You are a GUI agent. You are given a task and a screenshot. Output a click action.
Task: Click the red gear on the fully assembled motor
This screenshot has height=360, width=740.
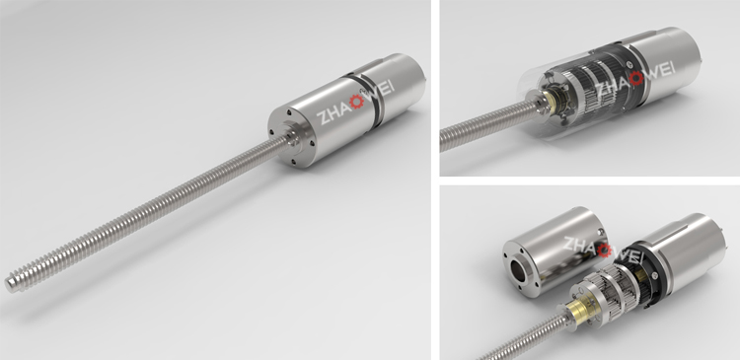[356, 101]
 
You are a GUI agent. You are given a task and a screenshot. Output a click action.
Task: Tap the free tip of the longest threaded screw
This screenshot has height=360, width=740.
[9, 284]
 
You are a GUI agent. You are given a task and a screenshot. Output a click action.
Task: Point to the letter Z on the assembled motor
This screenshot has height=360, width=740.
[324, 117]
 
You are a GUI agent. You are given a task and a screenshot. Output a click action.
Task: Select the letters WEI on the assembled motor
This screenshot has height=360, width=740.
[379, 91]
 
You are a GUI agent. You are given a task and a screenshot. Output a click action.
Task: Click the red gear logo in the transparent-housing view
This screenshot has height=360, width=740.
[635, 78]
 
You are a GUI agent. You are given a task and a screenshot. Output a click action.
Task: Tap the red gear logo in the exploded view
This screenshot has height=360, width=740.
[605, 251]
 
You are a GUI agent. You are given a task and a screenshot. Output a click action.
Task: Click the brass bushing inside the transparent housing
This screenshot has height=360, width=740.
[553, 100]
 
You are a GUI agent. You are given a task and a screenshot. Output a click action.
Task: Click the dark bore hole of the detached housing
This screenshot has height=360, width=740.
[521, 269]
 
